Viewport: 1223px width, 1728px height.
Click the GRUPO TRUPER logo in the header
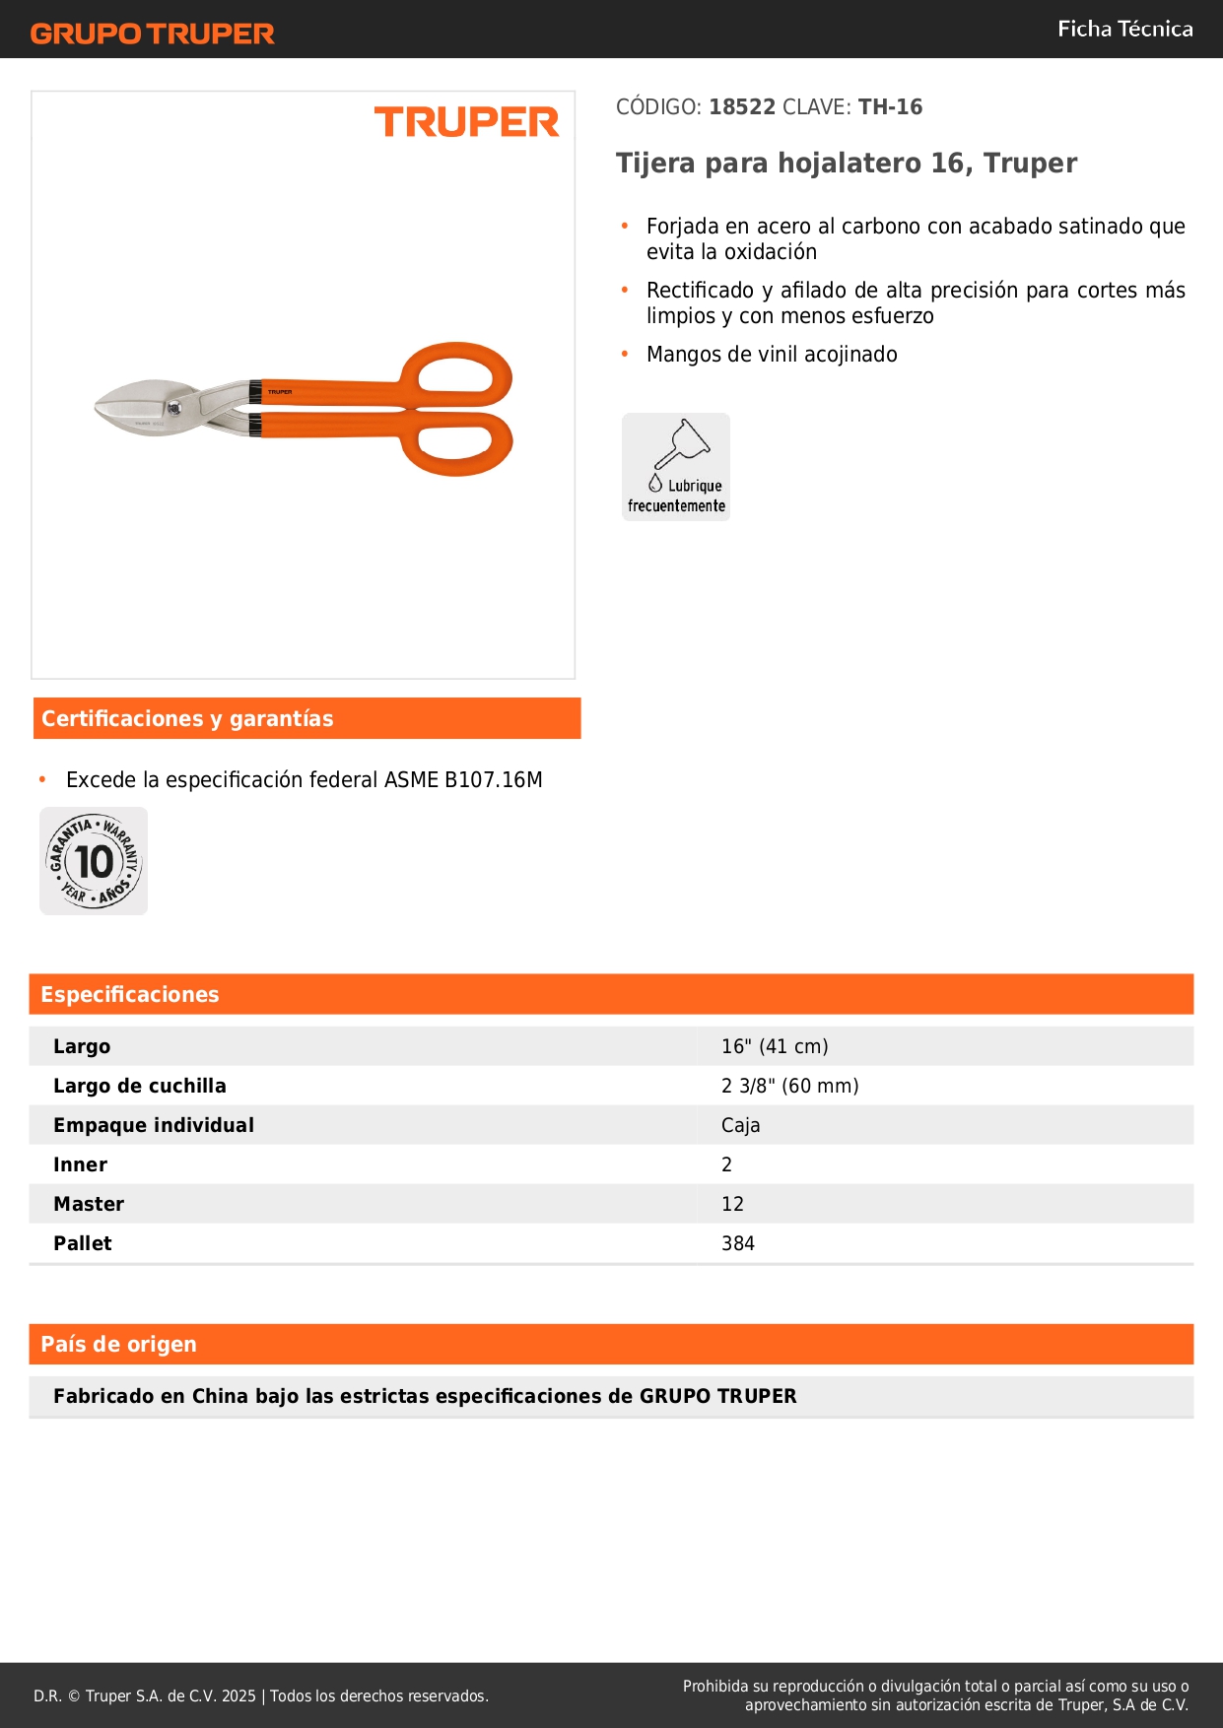[153, 33]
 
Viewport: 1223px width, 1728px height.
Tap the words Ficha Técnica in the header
[1124, 29]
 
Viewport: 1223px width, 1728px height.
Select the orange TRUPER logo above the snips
[466, 122]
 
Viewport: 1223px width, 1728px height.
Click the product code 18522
[742, 106]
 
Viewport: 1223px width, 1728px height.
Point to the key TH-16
[890, 106]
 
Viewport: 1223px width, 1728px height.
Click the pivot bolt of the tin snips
[174, 408]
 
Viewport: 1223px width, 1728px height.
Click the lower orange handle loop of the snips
[457, 444]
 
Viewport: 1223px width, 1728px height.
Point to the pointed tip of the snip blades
[97, 407]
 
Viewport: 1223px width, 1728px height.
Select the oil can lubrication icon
[677, 466]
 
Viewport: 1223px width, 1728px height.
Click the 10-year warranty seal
[94, 861]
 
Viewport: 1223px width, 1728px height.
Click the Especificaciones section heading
[129, 995]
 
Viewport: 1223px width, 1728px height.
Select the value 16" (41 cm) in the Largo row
[775, 1046]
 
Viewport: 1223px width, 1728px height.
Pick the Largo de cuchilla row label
[140, 1086]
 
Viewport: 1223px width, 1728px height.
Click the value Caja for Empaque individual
[740, 1125]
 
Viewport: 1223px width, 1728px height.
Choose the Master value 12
[732, 1204]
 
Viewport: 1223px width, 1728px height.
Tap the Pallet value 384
[737, 1243]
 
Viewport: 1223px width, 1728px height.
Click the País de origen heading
[118, 1345]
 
